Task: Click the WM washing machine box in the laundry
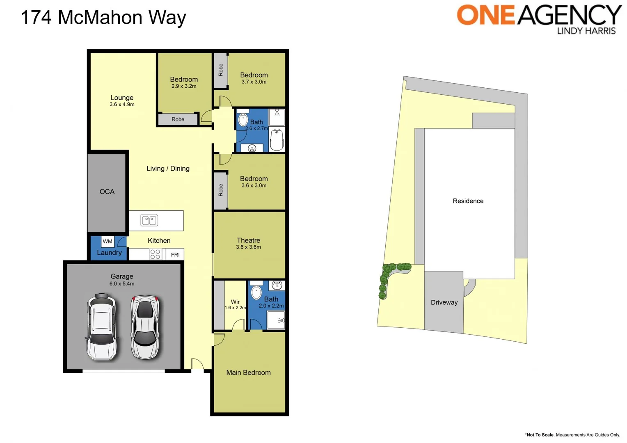coord(108,242)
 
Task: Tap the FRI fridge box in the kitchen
coord(175,255)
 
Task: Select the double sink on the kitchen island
coord(149,220)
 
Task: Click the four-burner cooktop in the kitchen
coord(155,254)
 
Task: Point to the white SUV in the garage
coord(102,327)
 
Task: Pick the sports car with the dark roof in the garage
coord(145,327)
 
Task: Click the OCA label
coord(107,192)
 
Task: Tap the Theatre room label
coord(248,240)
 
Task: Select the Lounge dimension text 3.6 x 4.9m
coord(122,105)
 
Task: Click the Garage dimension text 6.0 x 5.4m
coord(122,283)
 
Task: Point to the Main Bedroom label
coord(248,372)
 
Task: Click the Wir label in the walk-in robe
coord(235,302)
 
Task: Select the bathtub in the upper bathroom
coord(277,139)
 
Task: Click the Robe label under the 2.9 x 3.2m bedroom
coord(178,119)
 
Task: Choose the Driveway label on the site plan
coord(444,302)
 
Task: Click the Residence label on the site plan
coord(468,201)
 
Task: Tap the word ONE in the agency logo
coord(486,15)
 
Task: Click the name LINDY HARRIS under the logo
coord(586,31)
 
